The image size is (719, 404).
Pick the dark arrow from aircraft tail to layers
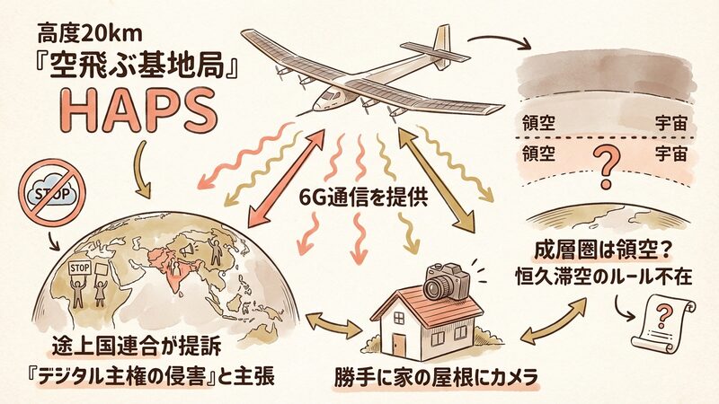[x=499, y=40]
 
